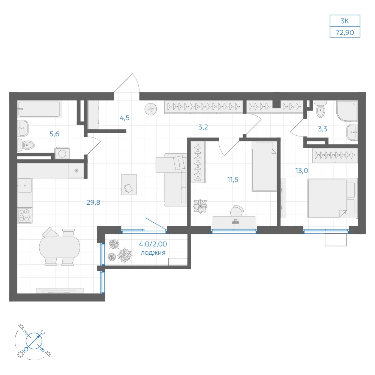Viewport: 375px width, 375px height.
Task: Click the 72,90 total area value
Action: [x=345, y=32]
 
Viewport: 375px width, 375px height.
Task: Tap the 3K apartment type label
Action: [x=345, y=21]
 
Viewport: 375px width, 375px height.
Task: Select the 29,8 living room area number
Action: [x=93, y=202]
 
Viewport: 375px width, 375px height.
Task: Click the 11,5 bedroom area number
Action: [x=232, y=180]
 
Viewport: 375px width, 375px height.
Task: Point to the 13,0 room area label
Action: [x=301, y=171]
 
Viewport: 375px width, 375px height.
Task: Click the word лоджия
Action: [x=153, y=253]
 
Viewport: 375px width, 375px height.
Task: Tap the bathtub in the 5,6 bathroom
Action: [x=39, y=109]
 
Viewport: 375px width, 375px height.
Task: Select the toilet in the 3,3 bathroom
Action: [x=320, y=109]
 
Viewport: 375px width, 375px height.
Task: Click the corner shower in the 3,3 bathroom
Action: [x=347, y=111]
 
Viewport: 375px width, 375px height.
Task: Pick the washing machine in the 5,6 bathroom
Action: [x=62, y=153]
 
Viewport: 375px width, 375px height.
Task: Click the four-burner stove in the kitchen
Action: [x=25, y=215]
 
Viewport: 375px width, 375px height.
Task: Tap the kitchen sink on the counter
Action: [x=25, y=186]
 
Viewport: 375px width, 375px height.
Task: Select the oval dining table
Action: [x=60, y=247]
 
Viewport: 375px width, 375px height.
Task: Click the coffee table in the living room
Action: [x=129, y=184]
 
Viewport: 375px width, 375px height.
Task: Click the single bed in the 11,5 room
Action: [x=264, y=166]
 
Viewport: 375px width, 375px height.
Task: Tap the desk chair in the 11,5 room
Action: [x=237, y=211]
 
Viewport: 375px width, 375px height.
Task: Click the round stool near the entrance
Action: [x=151, y=109]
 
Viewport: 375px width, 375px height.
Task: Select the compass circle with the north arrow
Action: [x=34, y=341]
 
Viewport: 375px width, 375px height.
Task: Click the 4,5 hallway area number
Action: [x=124, y=118]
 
